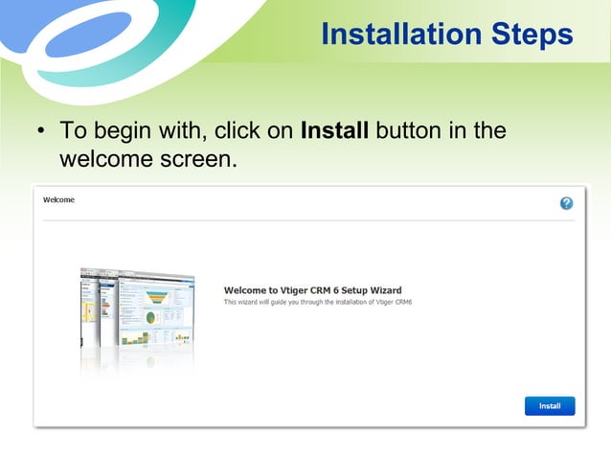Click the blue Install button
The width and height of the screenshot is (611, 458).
coord(550,406)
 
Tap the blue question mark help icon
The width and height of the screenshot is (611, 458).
coord(566,203)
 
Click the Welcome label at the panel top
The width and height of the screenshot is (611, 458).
coord(59,200)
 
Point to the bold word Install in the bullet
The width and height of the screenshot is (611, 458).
coord(334,130)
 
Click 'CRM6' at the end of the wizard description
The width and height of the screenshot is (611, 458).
coord(426,302)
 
